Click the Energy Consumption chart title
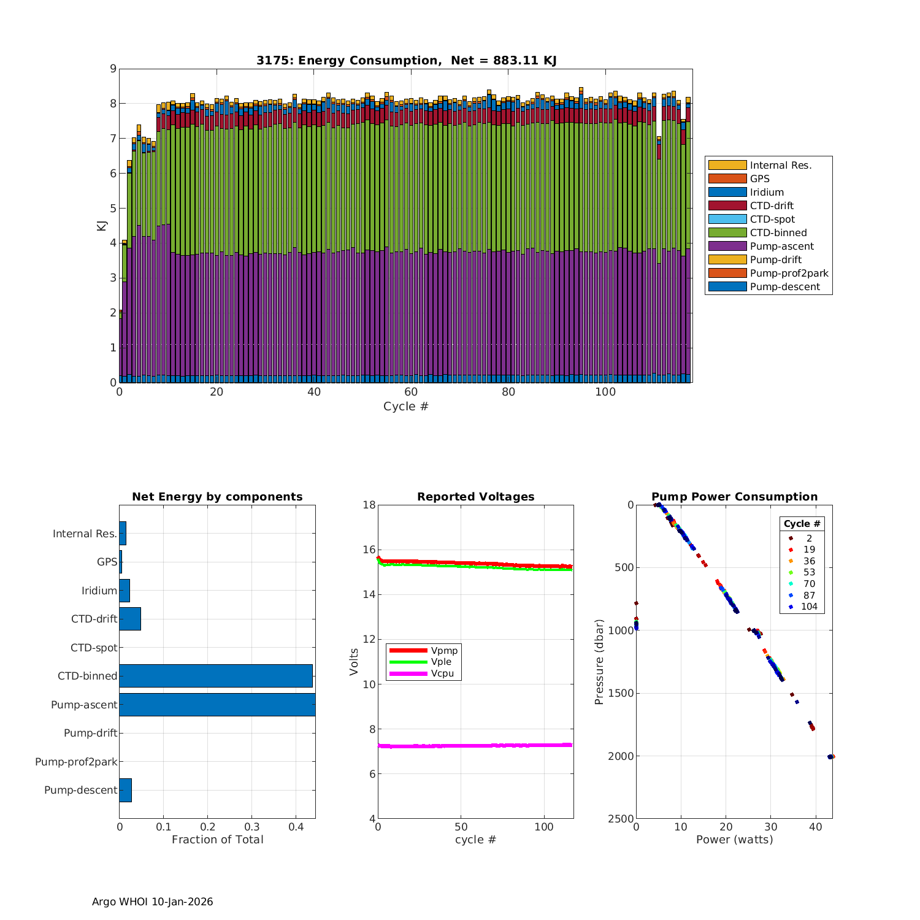click(406, 60)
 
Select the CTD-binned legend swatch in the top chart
click(727, 232)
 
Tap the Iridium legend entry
click(767, 192)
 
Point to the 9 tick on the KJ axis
click(113, 69)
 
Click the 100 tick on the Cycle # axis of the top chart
click(605, 393)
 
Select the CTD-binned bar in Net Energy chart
click(216, 676)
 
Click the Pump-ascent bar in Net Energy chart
click(217, 705)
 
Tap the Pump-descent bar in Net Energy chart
click(126, 790)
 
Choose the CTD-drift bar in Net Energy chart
click(130, 619)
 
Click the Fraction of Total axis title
click(217, 840)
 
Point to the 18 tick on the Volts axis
click(369, 505)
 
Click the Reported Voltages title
click(475, 497)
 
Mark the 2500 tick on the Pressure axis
click(621, 819)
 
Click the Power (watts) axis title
click(734, 840)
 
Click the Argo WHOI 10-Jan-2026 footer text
click(152, 902)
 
